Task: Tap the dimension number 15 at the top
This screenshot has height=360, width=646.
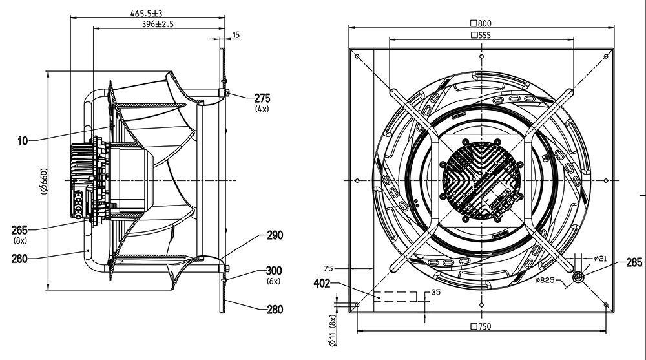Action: [x=236, y=35]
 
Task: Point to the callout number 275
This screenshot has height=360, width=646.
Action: [x=262, y=99]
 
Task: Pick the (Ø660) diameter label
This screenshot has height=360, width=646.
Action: [x=44, y=181]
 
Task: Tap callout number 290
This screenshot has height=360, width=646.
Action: [x=275, y=236]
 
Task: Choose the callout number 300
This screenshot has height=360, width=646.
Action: [x=275, y=271]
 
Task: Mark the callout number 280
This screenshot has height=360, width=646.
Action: [x=275, y=310]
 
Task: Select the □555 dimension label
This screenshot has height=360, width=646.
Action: [x=481, y=35]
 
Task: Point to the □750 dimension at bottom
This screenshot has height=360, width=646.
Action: [x=481, y=326]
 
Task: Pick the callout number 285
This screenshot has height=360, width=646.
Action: [x=634, y=263]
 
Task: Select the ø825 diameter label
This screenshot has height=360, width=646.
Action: [x=547, y=281]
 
